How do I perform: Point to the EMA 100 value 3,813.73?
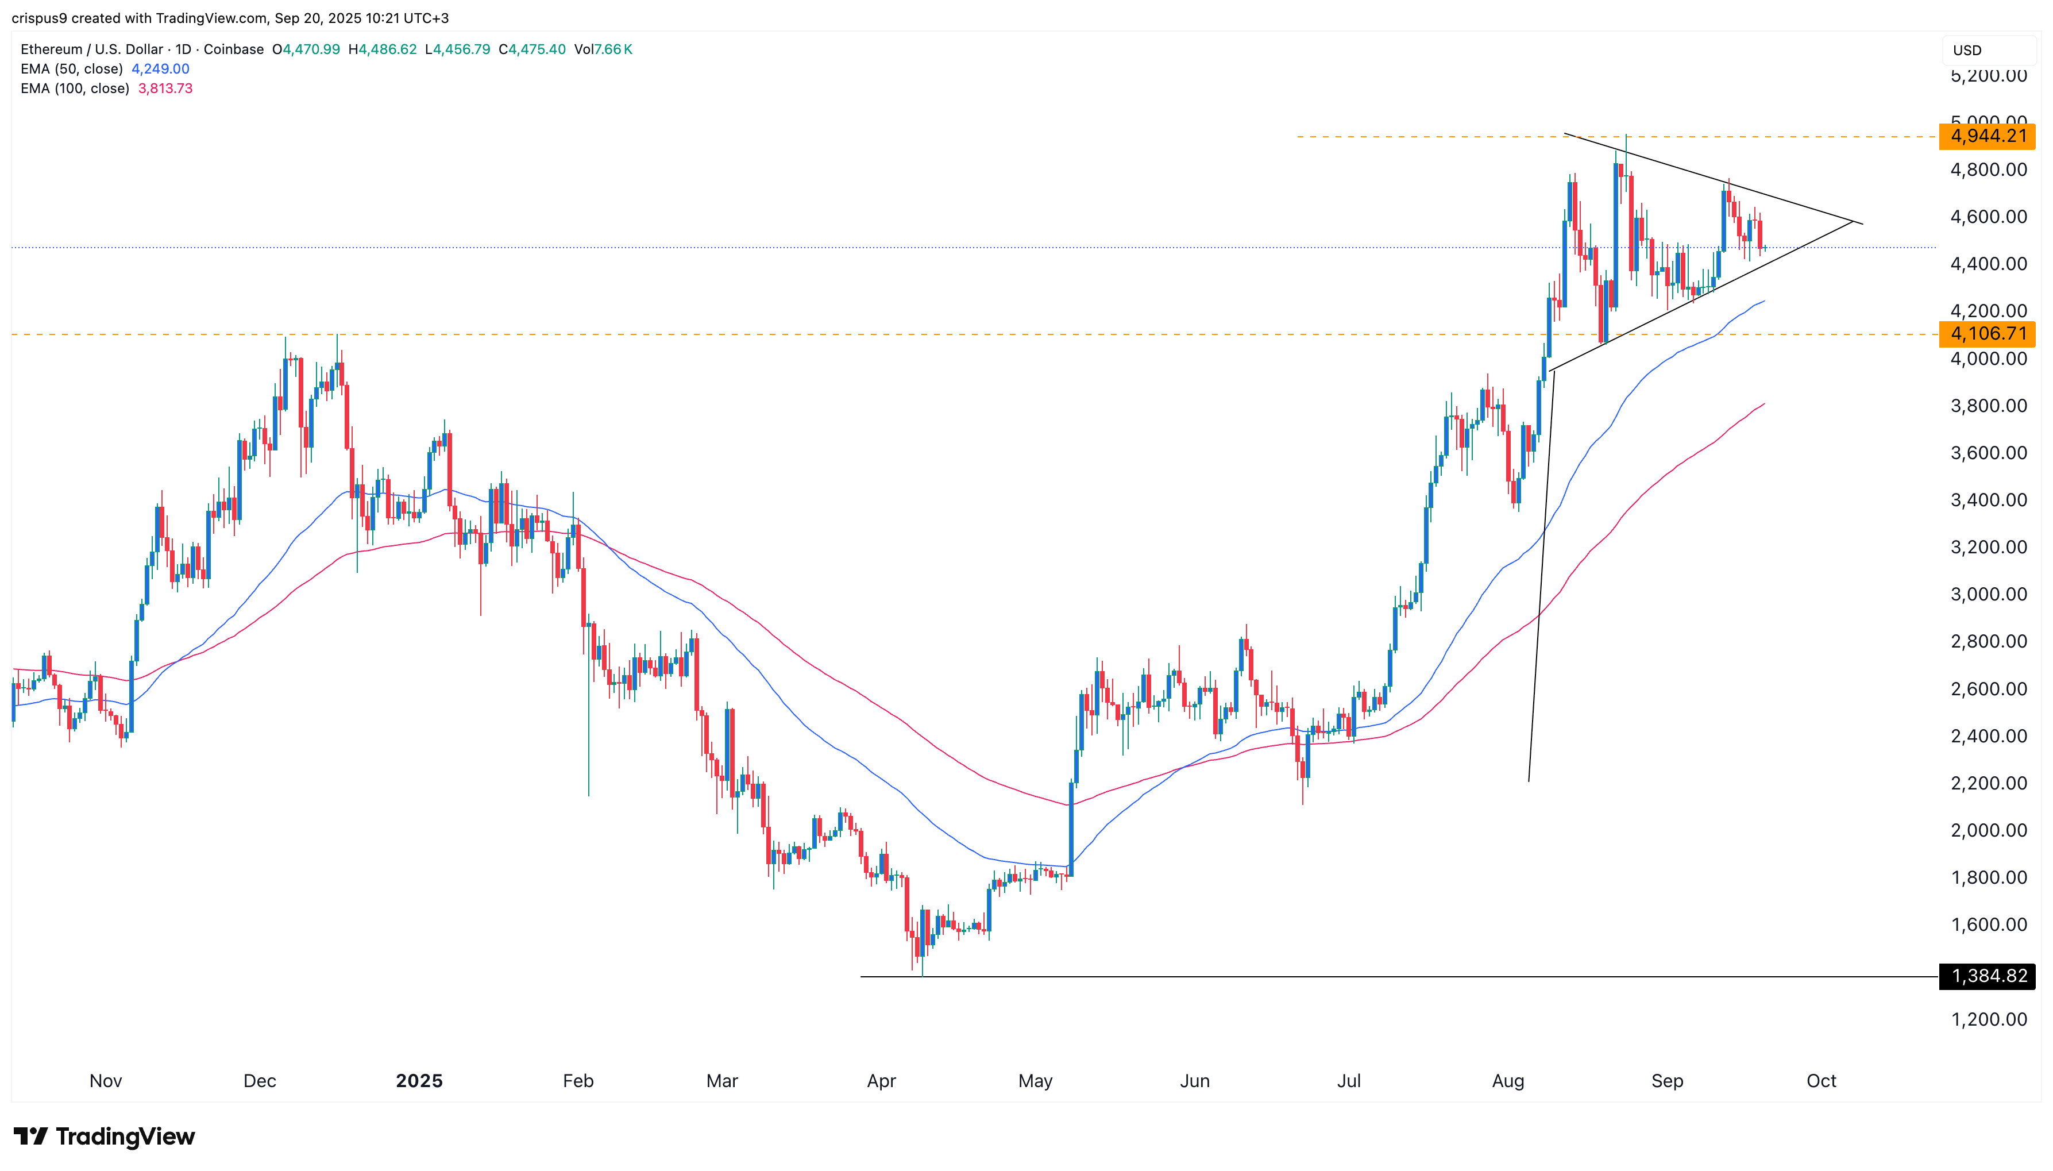pyautogui.click(x=165, y=88)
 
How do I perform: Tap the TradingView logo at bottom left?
pyautogui.click(x=105, y=1137)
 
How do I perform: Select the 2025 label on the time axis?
pyautogui.click(x=419, y=1081)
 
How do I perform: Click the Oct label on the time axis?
pyautogui.click(x=1821, y=1081)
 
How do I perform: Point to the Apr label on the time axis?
pyautogui.click(x=881, y=1081)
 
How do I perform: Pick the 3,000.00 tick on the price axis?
pyautogui.click(x=1988, y=594)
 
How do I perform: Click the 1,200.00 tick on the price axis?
pyautogui.click(x=1988, y=1020)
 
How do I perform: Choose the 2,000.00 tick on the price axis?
pyautogui.click(x=1988, y=831)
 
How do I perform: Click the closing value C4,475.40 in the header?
pyautogui.click(x=532, y=49)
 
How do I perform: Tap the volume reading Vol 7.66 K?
pyautogui.click(x=603, y=49)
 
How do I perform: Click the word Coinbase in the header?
pyautogui.click(x=233, y=49)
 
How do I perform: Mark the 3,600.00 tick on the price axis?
pyautogui.click(x=1988, y=453)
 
